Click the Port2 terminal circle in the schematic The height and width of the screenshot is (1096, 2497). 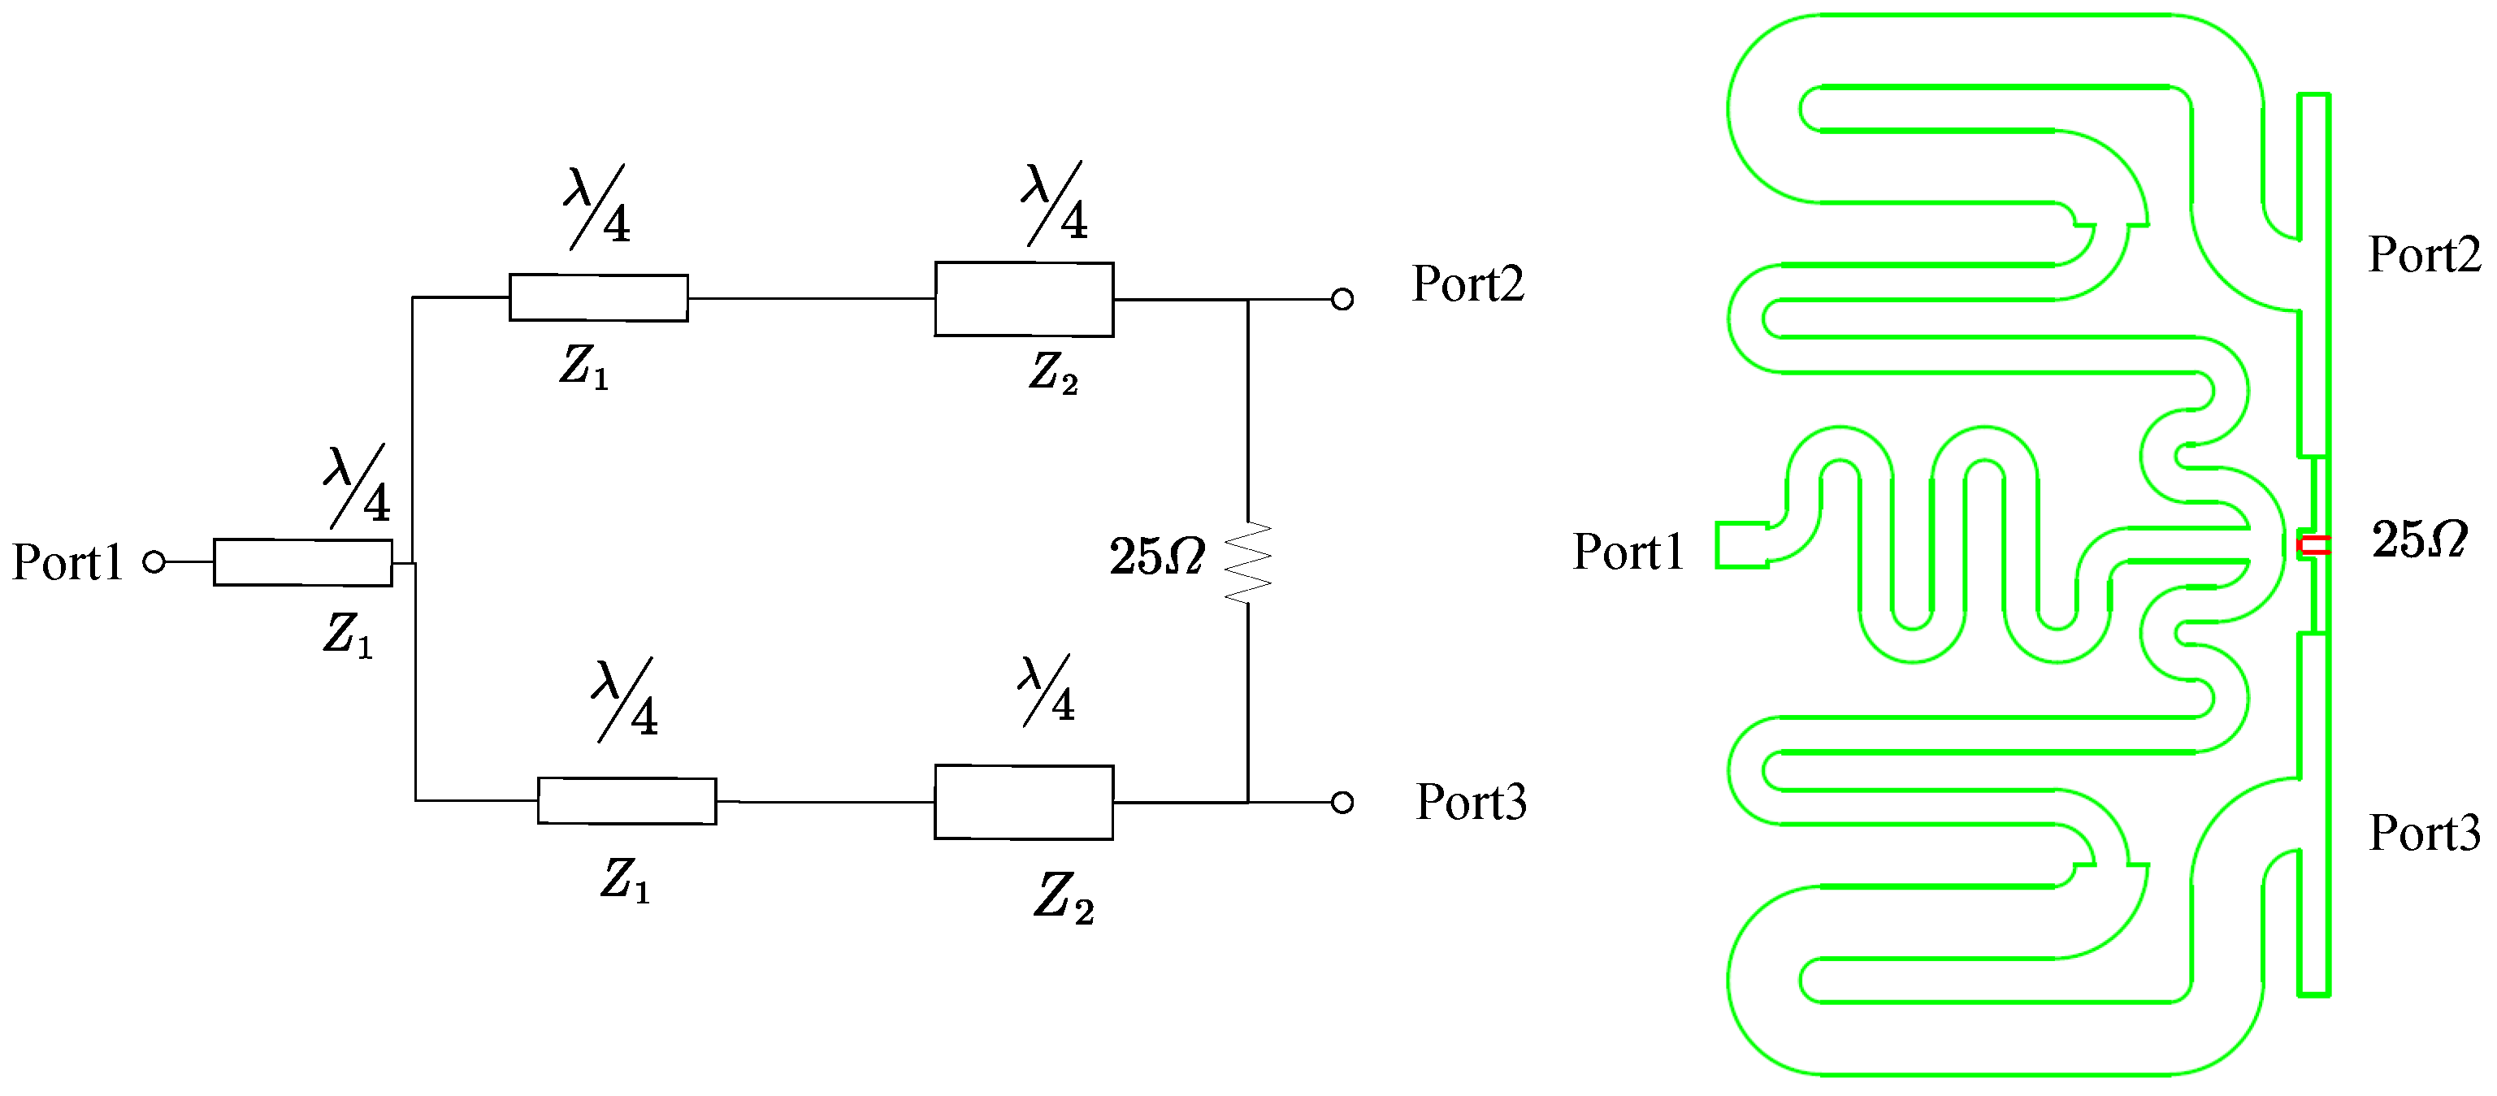[1342, 300]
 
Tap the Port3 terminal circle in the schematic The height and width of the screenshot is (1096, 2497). [1342, 803]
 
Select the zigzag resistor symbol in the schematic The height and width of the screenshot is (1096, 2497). [1247, 563]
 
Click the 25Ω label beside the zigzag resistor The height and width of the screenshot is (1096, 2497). [1157, 557]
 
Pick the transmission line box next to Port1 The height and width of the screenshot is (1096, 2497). [302, 563]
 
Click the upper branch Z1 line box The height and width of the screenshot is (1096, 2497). [598, 297]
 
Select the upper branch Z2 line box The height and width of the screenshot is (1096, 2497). [1024, 300]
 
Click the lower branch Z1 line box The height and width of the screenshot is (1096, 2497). [626, 801]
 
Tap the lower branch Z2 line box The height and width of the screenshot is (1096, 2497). [1024, 803]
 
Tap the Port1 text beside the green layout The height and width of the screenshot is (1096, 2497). [1628, 552]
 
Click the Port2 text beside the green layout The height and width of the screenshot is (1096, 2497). [2423, 256]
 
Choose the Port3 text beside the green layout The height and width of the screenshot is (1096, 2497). [2423, 833]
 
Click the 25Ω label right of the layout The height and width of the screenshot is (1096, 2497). [2418, 539]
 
